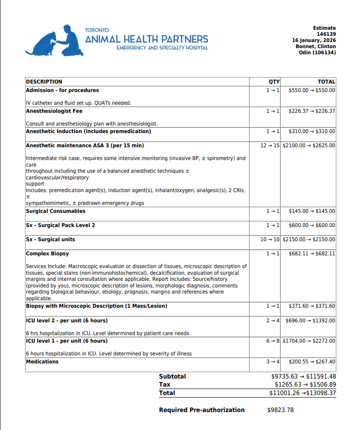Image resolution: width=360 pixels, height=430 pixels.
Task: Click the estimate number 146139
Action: (x=326, y=34)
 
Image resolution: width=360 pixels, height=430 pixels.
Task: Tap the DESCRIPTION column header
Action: (x=44, y=82)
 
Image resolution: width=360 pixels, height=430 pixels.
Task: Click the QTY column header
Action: (x=274, y=82)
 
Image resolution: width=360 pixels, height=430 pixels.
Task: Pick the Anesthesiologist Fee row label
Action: (x=54, y=111)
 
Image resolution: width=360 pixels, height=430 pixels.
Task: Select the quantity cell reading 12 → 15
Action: (x=270, y=145)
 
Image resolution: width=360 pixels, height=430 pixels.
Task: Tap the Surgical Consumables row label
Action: (x=56, y=211)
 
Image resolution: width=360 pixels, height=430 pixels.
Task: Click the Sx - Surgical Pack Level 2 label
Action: (x=60, y=225)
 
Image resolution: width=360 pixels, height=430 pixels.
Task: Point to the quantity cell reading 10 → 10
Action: (x=270, y=239)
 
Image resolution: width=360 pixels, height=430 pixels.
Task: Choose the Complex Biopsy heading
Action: (x=47, y=253)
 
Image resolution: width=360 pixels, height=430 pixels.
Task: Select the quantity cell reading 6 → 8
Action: (x=273, y=341)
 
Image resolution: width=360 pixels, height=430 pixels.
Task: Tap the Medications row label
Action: (x=42, y=362)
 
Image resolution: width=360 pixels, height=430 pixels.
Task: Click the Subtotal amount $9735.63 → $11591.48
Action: (x=304, y=377)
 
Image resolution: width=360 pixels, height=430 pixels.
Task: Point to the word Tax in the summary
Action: (x=164, y=385)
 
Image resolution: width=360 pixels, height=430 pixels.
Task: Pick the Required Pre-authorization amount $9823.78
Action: (x=280, y=410)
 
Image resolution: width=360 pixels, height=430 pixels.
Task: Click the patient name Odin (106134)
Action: (x=318, y=53)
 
